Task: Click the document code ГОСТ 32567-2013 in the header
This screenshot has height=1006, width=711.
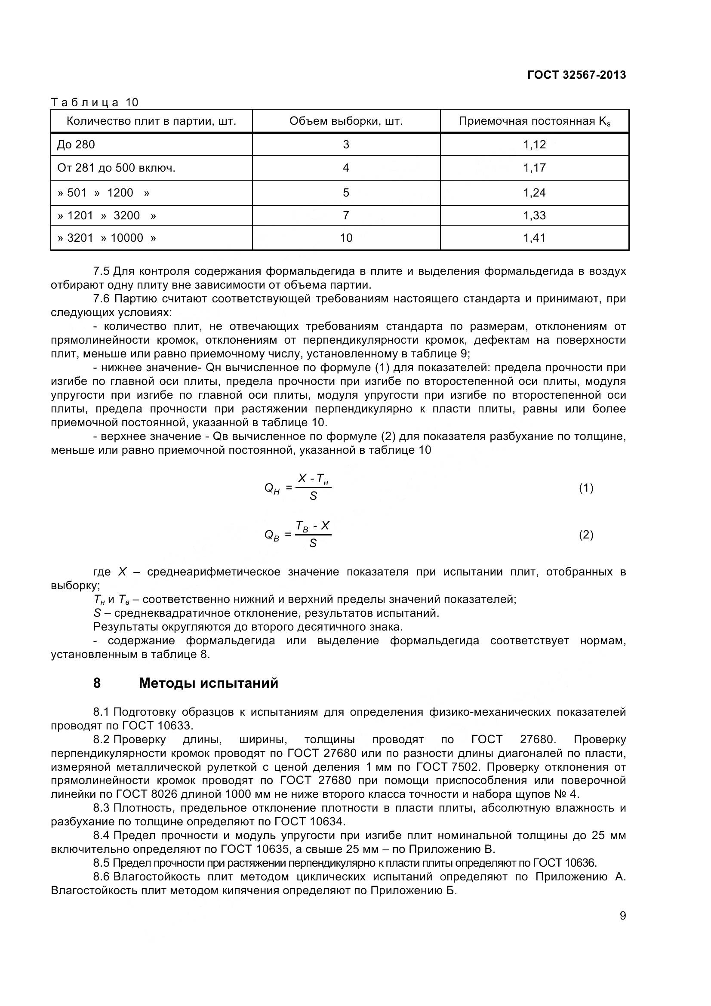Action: click(576, 75)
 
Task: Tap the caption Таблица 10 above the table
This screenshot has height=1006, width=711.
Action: click(95, 102)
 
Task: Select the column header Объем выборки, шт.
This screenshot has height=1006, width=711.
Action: click(346, 121)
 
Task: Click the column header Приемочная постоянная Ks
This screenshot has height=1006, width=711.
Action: click(535, 121)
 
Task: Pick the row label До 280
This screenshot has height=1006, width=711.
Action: click(76, 145)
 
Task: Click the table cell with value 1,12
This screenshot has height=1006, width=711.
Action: click(535, 145)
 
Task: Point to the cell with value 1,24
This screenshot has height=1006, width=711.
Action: click(535, 193)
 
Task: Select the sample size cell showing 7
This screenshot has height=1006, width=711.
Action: click(346, 215)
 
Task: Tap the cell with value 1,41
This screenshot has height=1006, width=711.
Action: click(535, 238)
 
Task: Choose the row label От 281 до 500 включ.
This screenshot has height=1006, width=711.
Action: click(116, 168)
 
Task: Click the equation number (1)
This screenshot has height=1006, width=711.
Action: click(586, 488)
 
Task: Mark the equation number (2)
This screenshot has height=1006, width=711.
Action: click(586, 535)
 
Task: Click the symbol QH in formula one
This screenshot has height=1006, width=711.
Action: click(271, 489)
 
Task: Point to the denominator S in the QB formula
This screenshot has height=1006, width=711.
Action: click(313, 543)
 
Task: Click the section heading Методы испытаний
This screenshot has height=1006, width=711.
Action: click(209, 683)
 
